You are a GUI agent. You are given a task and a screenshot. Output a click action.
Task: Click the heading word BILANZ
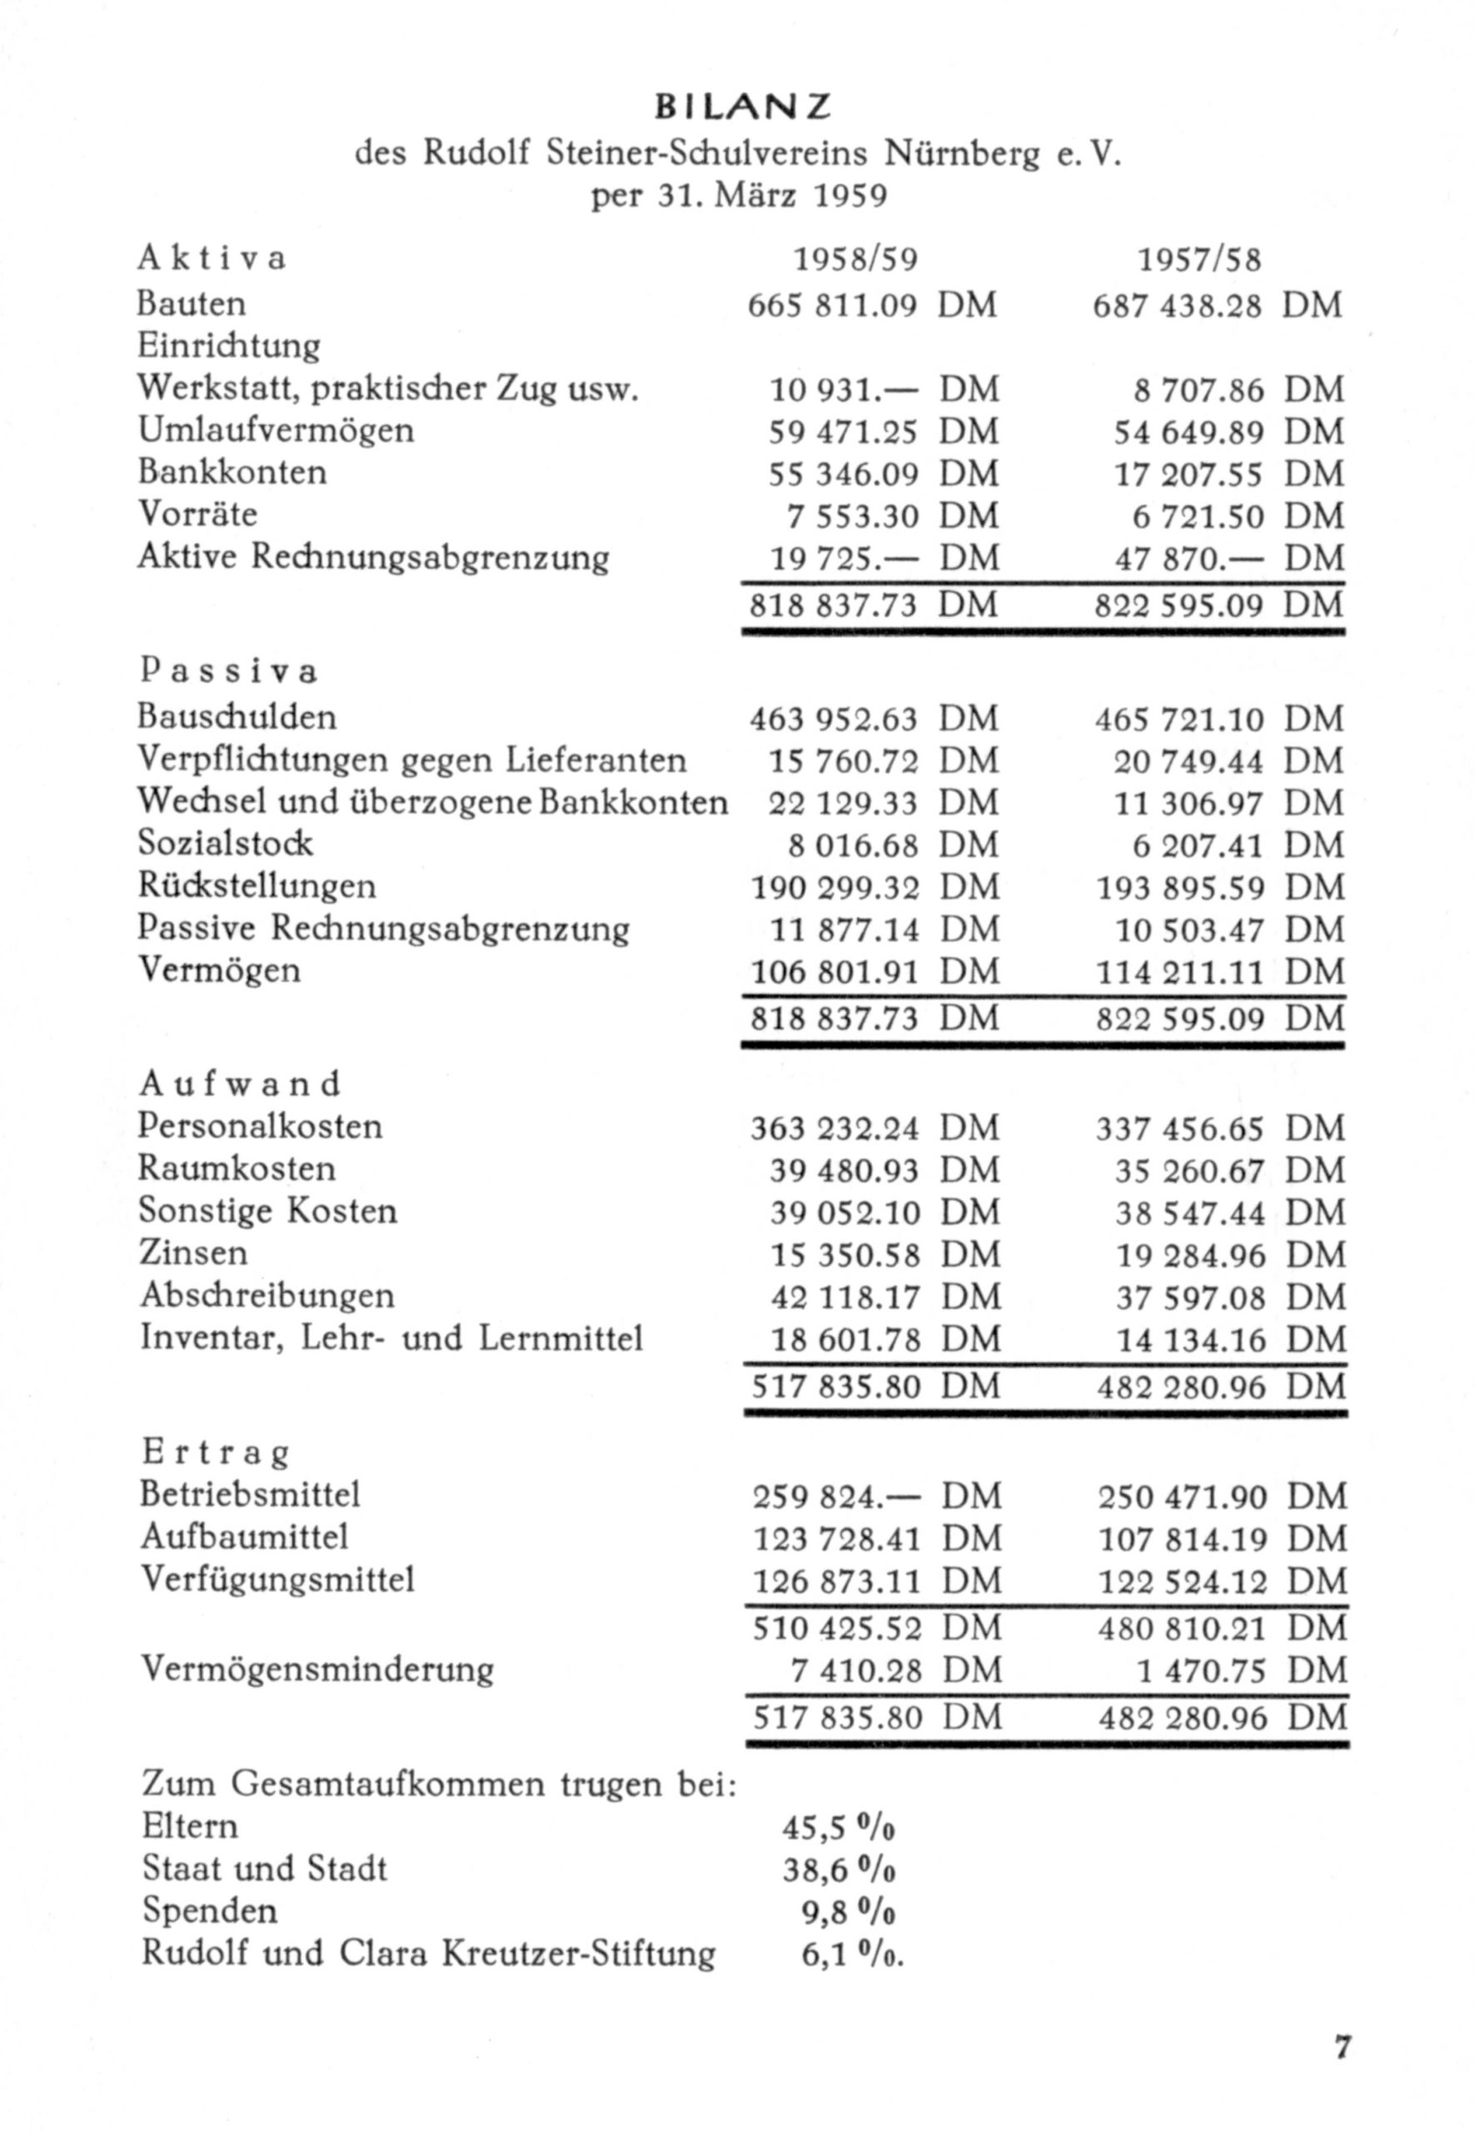pyautogui.click(x=743, y=108)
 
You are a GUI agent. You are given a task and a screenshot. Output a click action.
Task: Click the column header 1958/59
pyautogui.click(x=857, y=261)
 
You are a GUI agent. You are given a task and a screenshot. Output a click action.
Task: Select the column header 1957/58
pyautogui.click(x=1199, y=261)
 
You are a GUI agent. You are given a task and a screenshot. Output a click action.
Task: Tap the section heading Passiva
pyautogui.click(x=229, y=671)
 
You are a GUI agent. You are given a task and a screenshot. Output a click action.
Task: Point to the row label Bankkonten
pyautogui.click(x=232, y=472)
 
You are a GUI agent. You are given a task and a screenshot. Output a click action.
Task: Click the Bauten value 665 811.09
pyautogui.click(x=833, y=305)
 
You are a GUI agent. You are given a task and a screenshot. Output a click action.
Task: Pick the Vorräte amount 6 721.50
pyautogui.click(x=1198, y=516)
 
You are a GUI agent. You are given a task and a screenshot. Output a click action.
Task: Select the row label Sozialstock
pyautogui.click(x=226, y=843)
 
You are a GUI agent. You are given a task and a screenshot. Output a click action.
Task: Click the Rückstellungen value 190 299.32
pyautogui.click(x=835, y=888)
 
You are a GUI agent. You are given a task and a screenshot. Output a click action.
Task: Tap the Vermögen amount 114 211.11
pyautogui.click(x=1179, y=972)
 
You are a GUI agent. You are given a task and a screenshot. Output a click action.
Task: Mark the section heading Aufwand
pyautogui.click(x=241, y=1083)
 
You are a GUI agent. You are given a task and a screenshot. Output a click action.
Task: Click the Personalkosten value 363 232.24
pyautogui.click(x=835, y=1128)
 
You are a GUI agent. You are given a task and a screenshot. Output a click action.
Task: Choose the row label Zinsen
pyautogui.click(x=194, y=1253)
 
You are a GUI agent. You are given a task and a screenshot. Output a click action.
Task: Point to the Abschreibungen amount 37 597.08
pyautogui.click(x=1190, y=1298)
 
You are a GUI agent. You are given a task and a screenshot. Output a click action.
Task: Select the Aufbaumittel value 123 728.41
pyautogui.click(x=837, y=1539)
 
